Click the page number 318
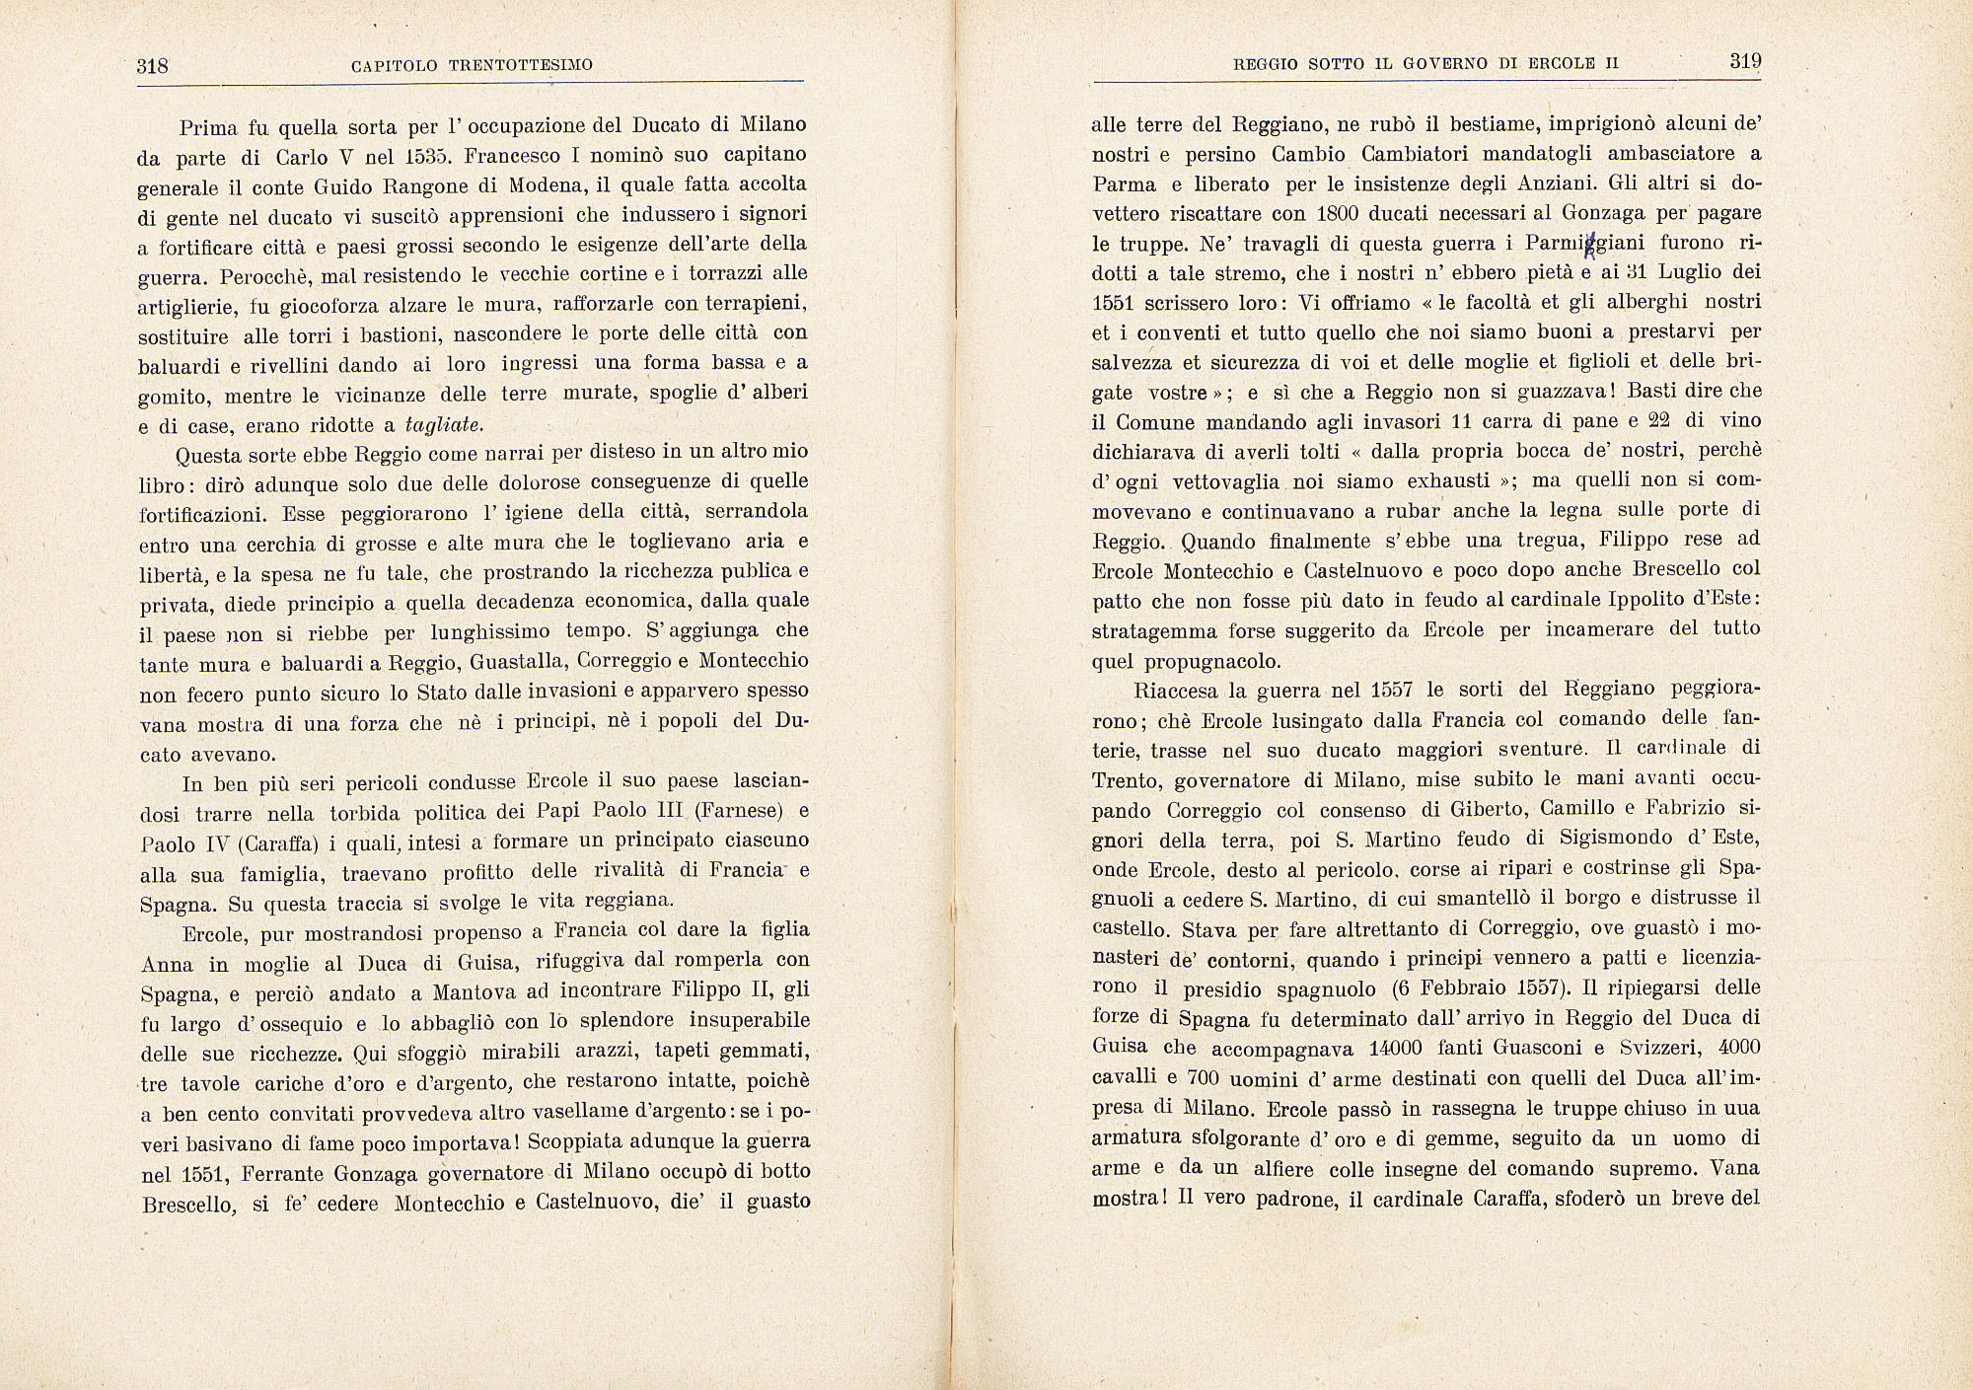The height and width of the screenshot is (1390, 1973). (153, 66)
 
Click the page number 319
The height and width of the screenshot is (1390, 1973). (1745, 61)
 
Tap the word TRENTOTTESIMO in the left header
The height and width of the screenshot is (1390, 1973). (521, 66)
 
